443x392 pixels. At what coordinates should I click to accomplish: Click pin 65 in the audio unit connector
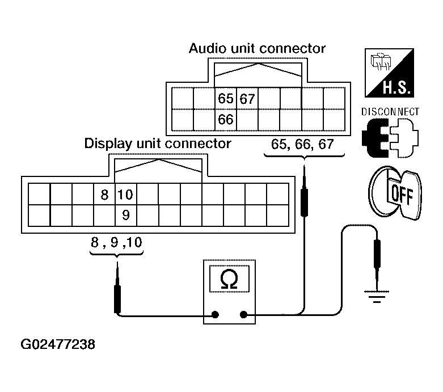click(226, 99)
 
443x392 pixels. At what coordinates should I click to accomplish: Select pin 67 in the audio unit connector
click(247, 99)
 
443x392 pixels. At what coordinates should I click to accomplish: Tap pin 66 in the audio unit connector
click(226, 120)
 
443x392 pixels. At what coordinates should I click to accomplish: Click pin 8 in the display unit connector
click(104, 195)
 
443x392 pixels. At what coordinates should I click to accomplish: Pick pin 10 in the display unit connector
click(125, 195)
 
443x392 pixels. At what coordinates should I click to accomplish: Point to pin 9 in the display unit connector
click(126, 215)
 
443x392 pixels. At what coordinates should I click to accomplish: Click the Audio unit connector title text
click(257, 49)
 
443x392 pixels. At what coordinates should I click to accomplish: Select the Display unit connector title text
click(158, 143)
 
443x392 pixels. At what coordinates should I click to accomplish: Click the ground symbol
click(375, 296)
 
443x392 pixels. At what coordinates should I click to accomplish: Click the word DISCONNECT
click(390, 112)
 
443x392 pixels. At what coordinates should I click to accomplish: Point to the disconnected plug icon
click(390, 138)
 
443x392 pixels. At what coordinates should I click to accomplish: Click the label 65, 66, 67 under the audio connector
click(302, 144)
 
